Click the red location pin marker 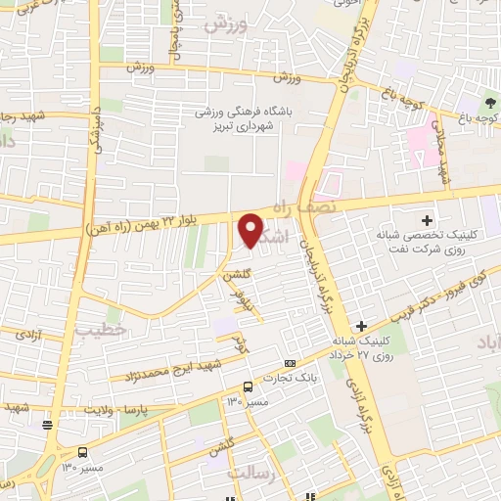point(250,229)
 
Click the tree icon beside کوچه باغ point(490,103)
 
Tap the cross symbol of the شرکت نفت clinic point(427,219)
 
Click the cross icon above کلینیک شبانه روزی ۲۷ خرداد point(361,325)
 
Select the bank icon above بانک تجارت point(288,362)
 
